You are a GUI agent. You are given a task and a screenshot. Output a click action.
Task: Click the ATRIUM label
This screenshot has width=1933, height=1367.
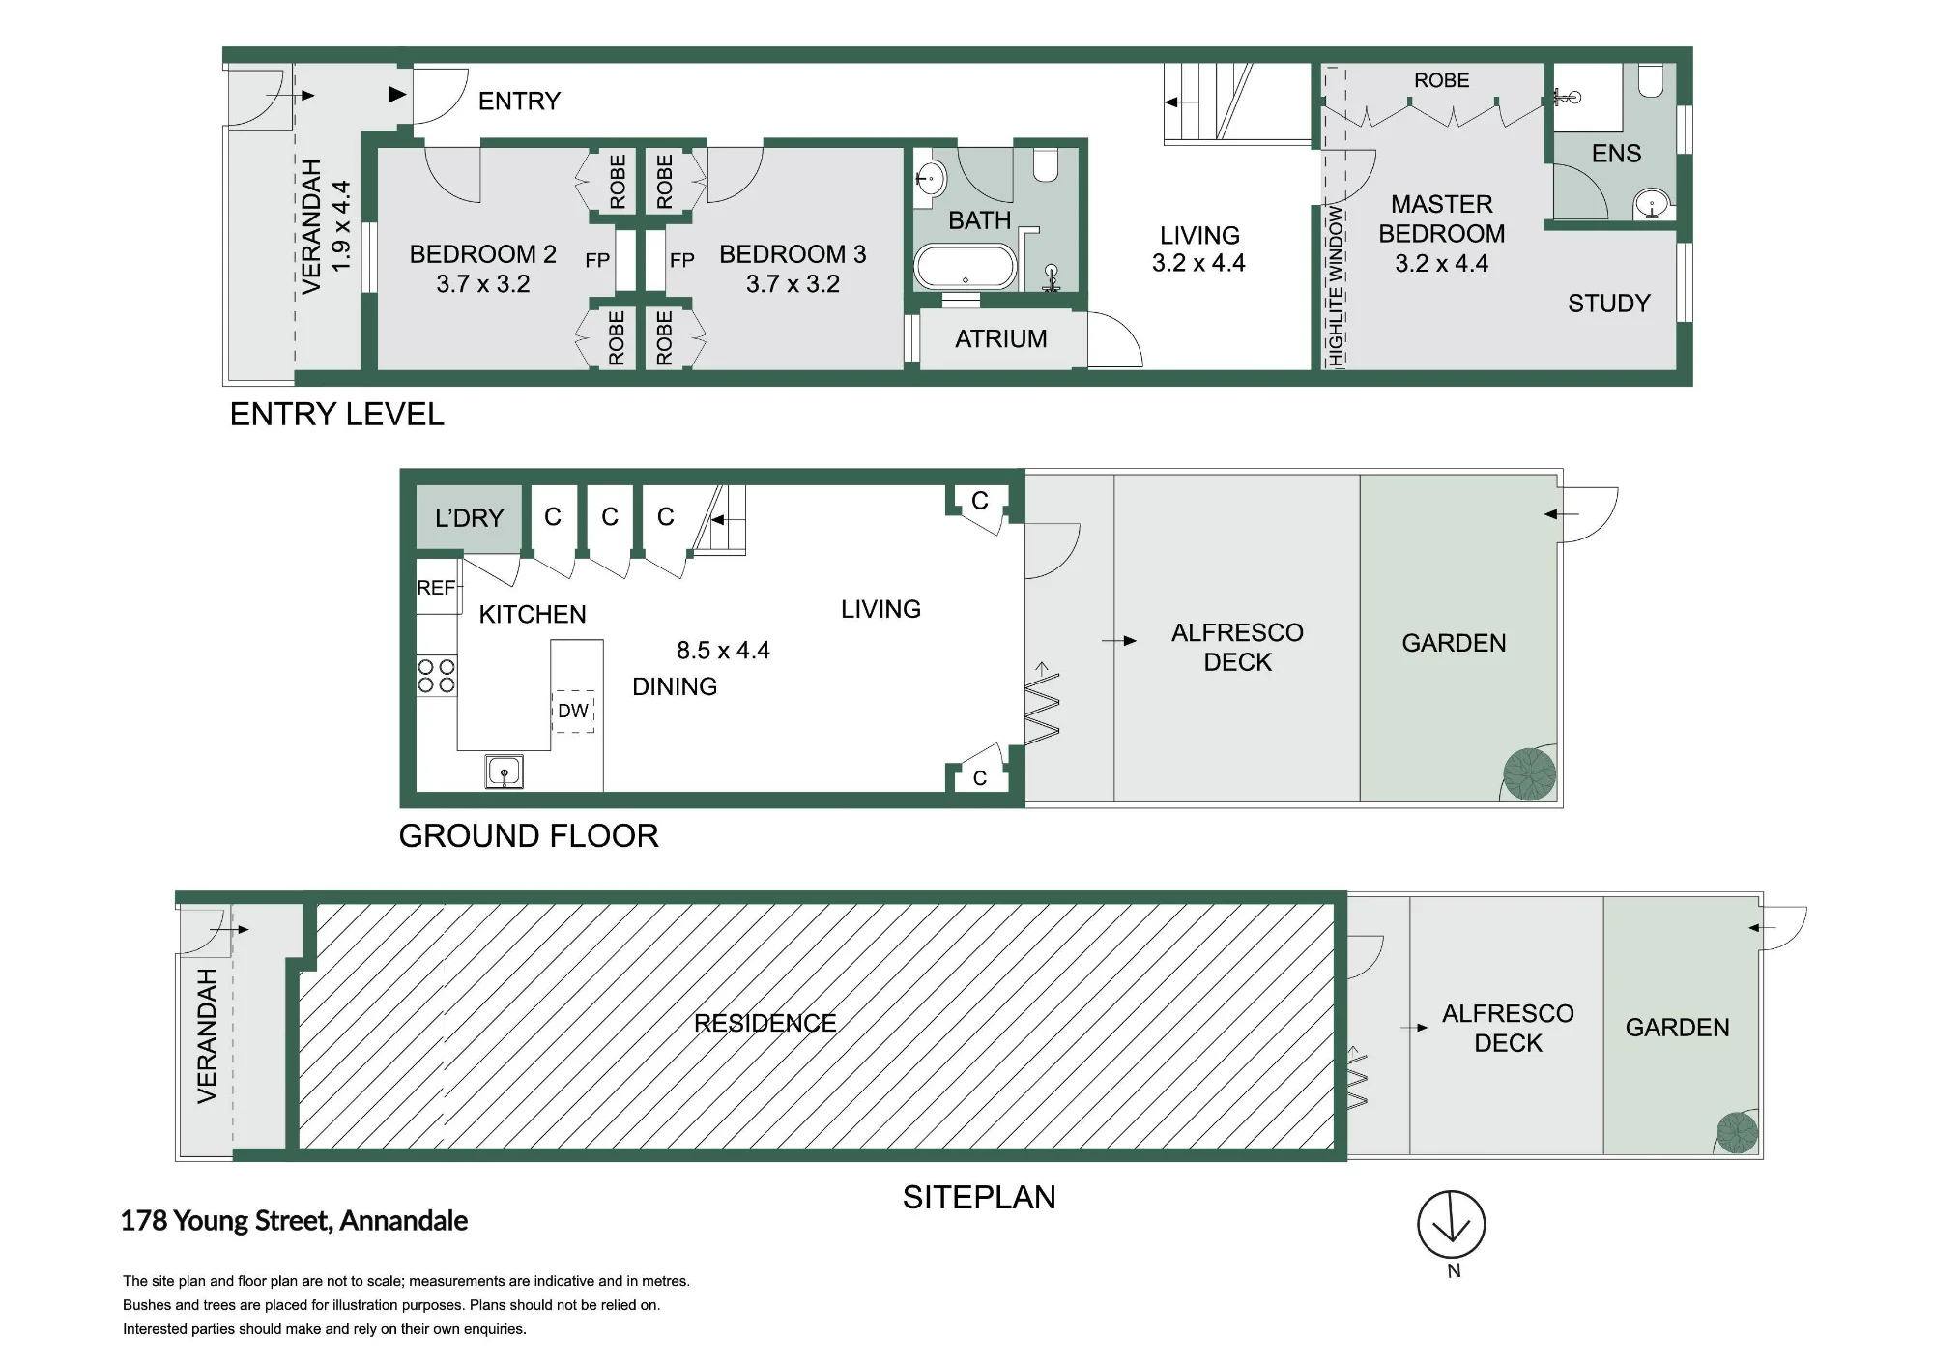coord(1000,339)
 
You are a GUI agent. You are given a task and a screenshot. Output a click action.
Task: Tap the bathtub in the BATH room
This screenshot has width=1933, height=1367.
coord(966,267)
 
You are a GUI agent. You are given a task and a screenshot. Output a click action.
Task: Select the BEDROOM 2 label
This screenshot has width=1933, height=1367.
coord(482,254)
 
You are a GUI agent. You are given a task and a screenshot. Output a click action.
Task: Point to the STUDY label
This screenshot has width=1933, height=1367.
coord(1608,304)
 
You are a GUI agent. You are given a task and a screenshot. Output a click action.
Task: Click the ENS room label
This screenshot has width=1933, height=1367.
coord(1616,153)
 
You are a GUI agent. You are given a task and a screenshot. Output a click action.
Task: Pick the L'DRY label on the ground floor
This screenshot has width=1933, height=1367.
coord(469,518)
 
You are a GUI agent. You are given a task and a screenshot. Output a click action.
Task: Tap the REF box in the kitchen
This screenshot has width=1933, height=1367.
coord(438,587)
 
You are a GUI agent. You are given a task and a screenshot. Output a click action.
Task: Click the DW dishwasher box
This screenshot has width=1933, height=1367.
coord(573,711)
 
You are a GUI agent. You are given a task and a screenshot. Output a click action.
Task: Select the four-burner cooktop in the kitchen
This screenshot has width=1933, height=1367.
coord(436,676)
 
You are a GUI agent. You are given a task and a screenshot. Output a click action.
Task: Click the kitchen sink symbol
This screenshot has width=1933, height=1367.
coord(504,771)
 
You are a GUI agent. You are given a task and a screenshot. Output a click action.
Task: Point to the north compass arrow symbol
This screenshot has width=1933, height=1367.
coord(1452,1225)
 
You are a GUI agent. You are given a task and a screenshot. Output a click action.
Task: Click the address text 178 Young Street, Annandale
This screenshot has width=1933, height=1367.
coord(294,1221)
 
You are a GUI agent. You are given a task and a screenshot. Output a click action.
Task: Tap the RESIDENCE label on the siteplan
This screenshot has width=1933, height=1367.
coord(765,1023)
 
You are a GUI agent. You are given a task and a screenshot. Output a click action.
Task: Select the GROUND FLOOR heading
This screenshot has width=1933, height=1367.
coord(529,835)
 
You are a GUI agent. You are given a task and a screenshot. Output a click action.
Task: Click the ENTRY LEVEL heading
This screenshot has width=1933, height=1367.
coord(336,415)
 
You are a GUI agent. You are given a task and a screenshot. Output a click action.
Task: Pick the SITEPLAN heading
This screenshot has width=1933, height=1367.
coord(979,1198)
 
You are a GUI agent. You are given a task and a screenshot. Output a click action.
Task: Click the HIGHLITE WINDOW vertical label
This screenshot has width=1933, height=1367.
coord(1336,285)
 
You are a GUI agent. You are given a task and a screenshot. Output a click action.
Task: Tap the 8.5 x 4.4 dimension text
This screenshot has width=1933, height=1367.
coord(723,651)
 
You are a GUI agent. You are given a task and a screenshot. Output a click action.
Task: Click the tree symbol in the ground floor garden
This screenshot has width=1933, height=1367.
coord(1530,774)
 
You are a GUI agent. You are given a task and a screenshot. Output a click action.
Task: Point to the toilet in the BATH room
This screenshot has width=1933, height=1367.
coord(1046,163)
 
